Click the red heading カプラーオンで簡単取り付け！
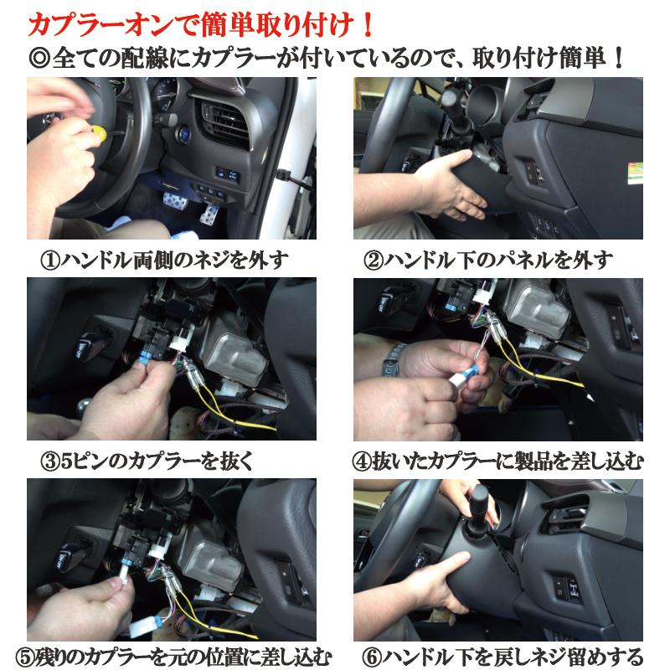tap(201, 26)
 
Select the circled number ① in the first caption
tap(50, 260)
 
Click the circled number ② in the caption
tap(373, 260)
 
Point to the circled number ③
tap(50, 462)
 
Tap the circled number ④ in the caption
tap(362, 462)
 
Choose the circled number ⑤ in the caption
tap(25, 657)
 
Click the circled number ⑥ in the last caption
tap(371, 657)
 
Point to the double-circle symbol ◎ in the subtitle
tap(39, 58)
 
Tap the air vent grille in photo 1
tap(223, 121)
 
